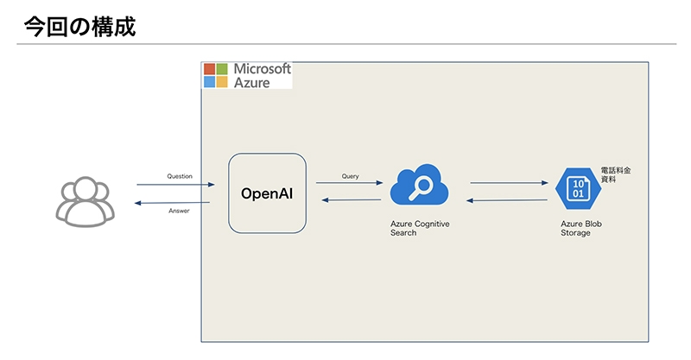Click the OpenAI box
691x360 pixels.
click(x=267, y=193)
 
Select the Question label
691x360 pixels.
click(x=180, y=176)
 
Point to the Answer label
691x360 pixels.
click(x=179, y=211)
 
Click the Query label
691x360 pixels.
click(x=350, y=176)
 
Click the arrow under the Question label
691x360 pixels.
click(x=176, y=185)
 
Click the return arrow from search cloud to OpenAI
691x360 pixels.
click(x=351, y=200)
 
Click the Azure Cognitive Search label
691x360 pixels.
click(x=420, y=228)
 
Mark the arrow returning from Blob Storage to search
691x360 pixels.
click(x=508, y=200)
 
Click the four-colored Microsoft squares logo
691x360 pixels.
click(x=215, y=76)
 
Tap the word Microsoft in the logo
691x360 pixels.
click(x=263, y=68)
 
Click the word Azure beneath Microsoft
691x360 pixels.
click(x=252, y=83)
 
